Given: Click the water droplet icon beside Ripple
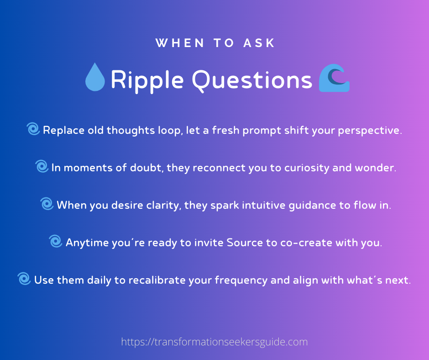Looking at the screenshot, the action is [x=95, y=77].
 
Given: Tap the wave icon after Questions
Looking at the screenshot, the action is [x=334, y=78].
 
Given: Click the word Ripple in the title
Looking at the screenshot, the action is [x=147, y=80].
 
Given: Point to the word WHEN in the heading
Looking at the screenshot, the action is [x=180, y=43].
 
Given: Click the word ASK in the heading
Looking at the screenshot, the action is [x=259, y=43].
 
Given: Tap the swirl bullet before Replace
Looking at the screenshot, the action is [x=33, y=129].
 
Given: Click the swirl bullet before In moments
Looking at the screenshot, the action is [x=42, y=166].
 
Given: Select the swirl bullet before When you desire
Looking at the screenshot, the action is [x=47, y=204].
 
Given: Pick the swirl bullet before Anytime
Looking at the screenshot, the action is [x=56, y=241].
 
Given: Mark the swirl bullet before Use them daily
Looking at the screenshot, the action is [x=24, y=279].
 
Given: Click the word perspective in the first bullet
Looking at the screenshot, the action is [x=370, y=131].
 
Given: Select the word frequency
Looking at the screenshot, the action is [x=241, y=281].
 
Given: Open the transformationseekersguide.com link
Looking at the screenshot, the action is [x=214, y=342].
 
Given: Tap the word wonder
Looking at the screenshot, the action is [x=375, y=168].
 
